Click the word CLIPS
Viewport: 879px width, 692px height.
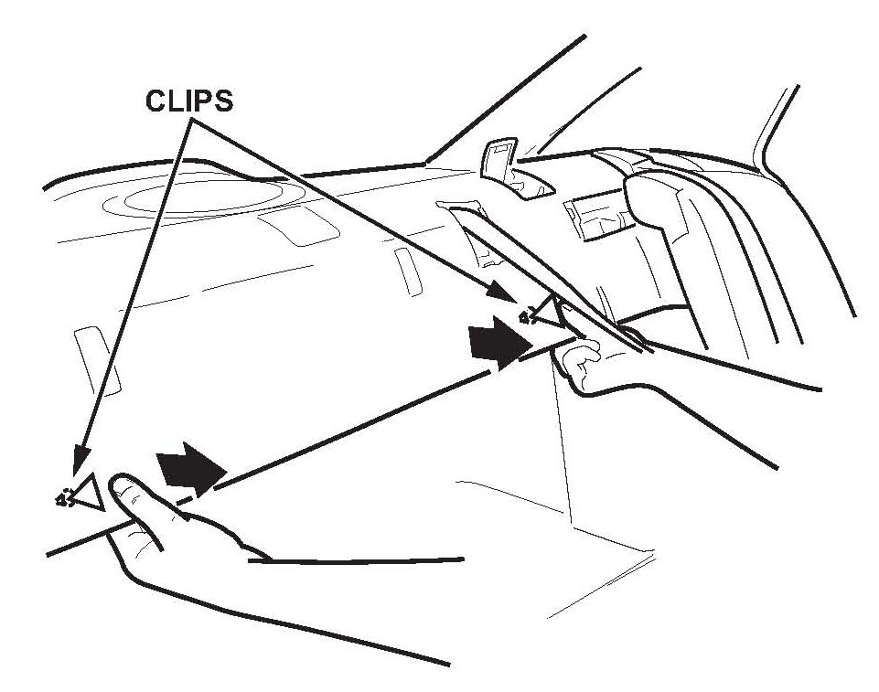click(189, 100)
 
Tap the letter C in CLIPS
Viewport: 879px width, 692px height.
click(154, 100)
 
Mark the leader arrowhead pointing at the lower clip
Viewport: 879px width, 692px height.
click(81, 462)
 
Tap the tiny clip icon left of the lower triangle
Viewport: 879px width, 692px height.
click(65, 499)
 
